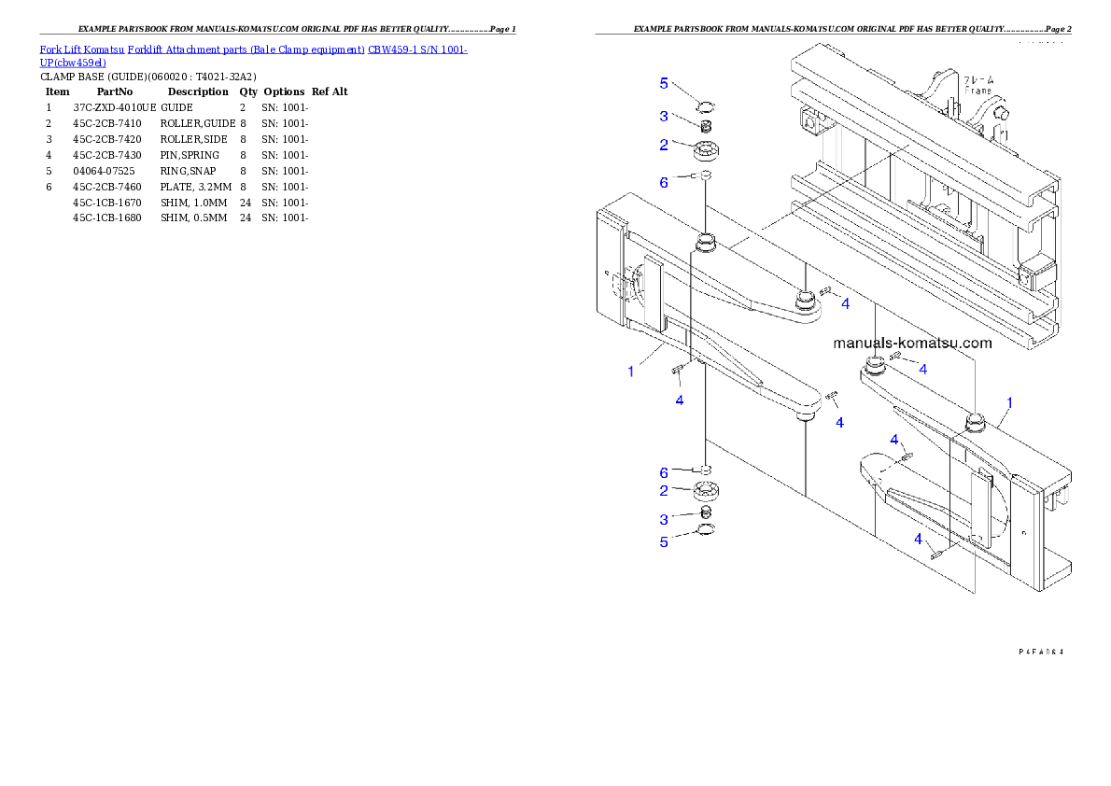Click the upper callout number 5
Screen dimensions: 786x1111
(664, 84)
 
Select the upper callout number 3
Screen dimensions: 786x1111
(664, 117)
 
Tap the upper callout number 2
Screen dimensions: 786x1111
(664, 145)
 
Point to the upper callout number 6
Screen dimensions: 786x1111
(664, 182)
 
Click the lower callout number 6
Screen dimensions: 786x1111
(664, 472)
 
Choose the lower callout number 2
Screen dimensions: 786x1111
(664, 491)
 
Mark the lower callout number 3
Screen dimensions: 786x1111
(664, 519)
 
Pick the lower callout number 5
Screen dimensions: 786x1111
(664, 541)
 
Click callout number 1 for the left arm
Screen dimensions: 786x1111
(631, 372)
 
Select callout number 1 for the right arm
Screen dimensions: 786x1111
(1009, 403)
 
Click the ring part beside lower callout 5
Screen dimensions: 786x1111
(707, 532)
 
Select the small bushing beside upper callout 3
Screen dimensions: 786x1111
(707, 127)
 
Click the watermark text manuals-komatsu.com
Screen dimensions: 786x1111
(912, 343)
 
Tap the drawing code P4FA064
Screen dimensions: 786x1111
(1041, 651)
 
